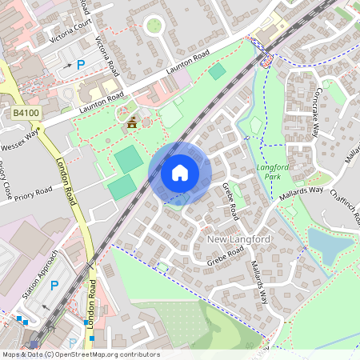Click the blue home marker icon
click(x=180, y=172)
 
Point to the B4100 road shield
click(x=26, y=114)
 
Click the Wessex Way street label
click(x=21, y=142)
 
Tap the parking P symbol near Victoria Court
click(x=80, y=64)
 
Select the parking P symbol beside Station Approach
click(x=54, y=286)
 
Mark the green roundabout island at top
click(x=153, y=26)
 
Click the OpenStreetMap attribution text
click(x=80, y=354)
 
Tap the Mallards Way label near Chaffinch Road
click(x=300, y=192)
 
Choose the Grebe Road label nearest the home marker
click(x=230, y=200)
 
